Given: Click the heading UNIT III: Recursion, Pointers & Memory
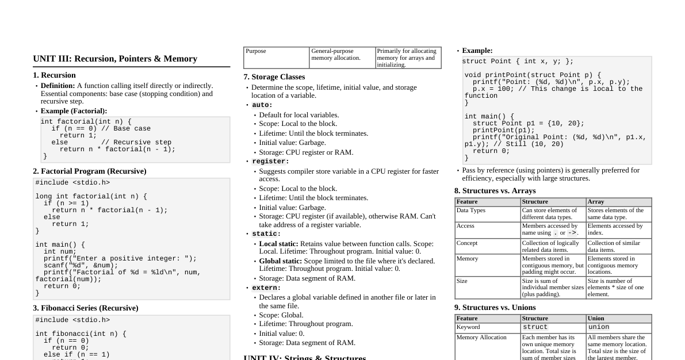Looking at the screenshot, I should click(115, 59).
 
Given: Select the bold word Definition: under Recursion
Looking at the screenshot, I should click(58, 86).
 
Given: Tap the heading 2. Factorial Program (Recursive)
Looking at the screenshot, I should click(90, 171).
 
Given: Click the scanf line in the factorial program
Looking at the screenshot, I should click(76, 265).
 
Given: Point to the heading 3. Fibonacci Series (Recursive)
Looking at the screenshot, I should click(86, 308).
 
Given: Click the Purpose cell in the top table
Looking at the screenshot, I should click(256, 51).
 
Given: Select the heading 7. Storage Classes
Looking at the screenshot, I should click(274, 77).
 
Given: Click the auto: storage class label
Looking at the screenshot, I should click(262, 105).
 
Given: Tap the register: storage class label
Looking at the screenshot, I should click(270, 162).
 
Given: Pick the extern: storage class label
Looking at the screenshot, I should click(266, 288).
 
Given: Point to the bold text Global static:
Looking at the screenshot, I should click(280, 261).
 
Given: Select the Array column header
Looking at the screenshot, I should click(596, 202).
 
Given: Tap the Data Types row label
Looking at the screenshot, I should click(470, 210).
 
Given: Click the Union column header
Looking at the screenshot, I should click(596, 319).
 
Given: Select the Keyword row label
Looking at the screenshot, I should click(468, 327).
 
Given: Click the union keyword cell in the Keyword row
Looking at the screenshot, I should click(598, 327).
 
